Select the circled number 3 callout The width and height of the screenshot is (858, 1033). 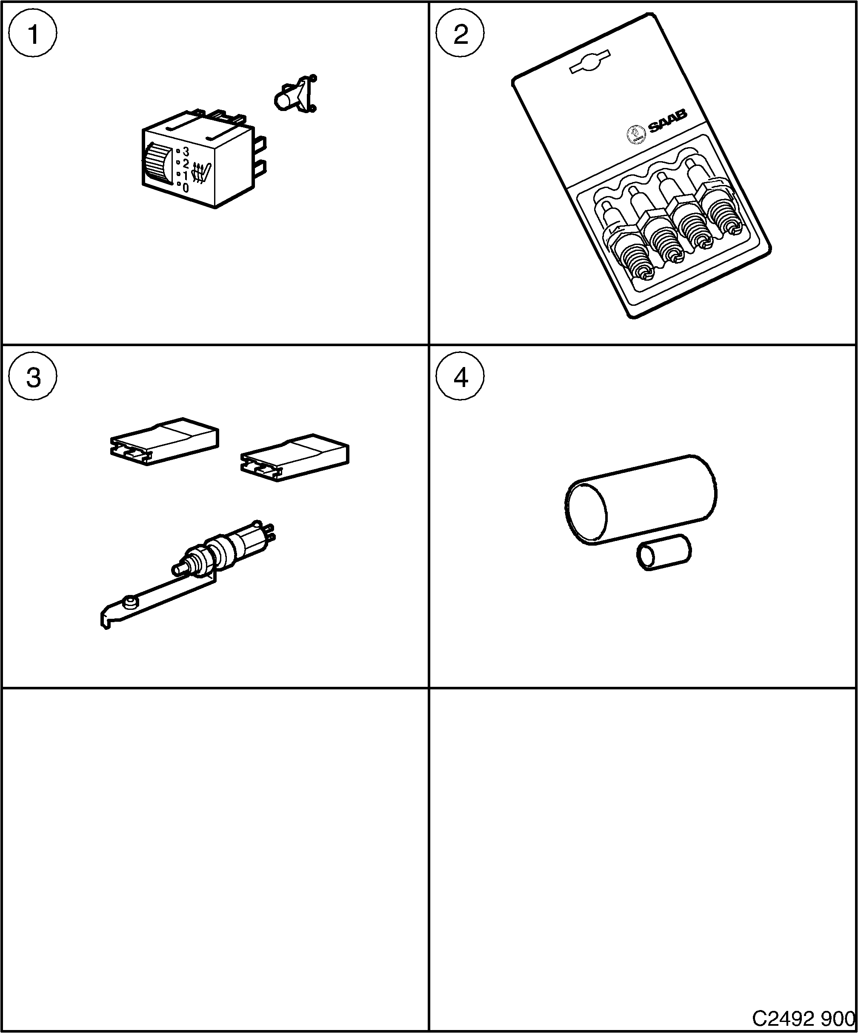pos(33,378)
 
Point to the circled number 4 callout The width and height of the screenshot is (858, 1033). pos(460,378)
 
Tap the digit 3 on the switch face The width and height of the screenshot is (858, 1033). pos(186,151)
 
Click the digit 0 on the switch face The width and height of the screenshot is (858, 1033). pos(186,188)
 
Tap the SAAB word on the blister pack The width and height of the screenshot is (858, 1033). pos(667,121)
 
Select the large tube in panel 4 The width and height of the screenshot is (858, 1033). pos(640,499)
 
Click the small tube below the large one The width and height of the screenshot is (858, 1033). pos(664,552)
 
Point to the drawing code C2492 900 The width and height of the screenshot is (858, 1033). pos(803,1017)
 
